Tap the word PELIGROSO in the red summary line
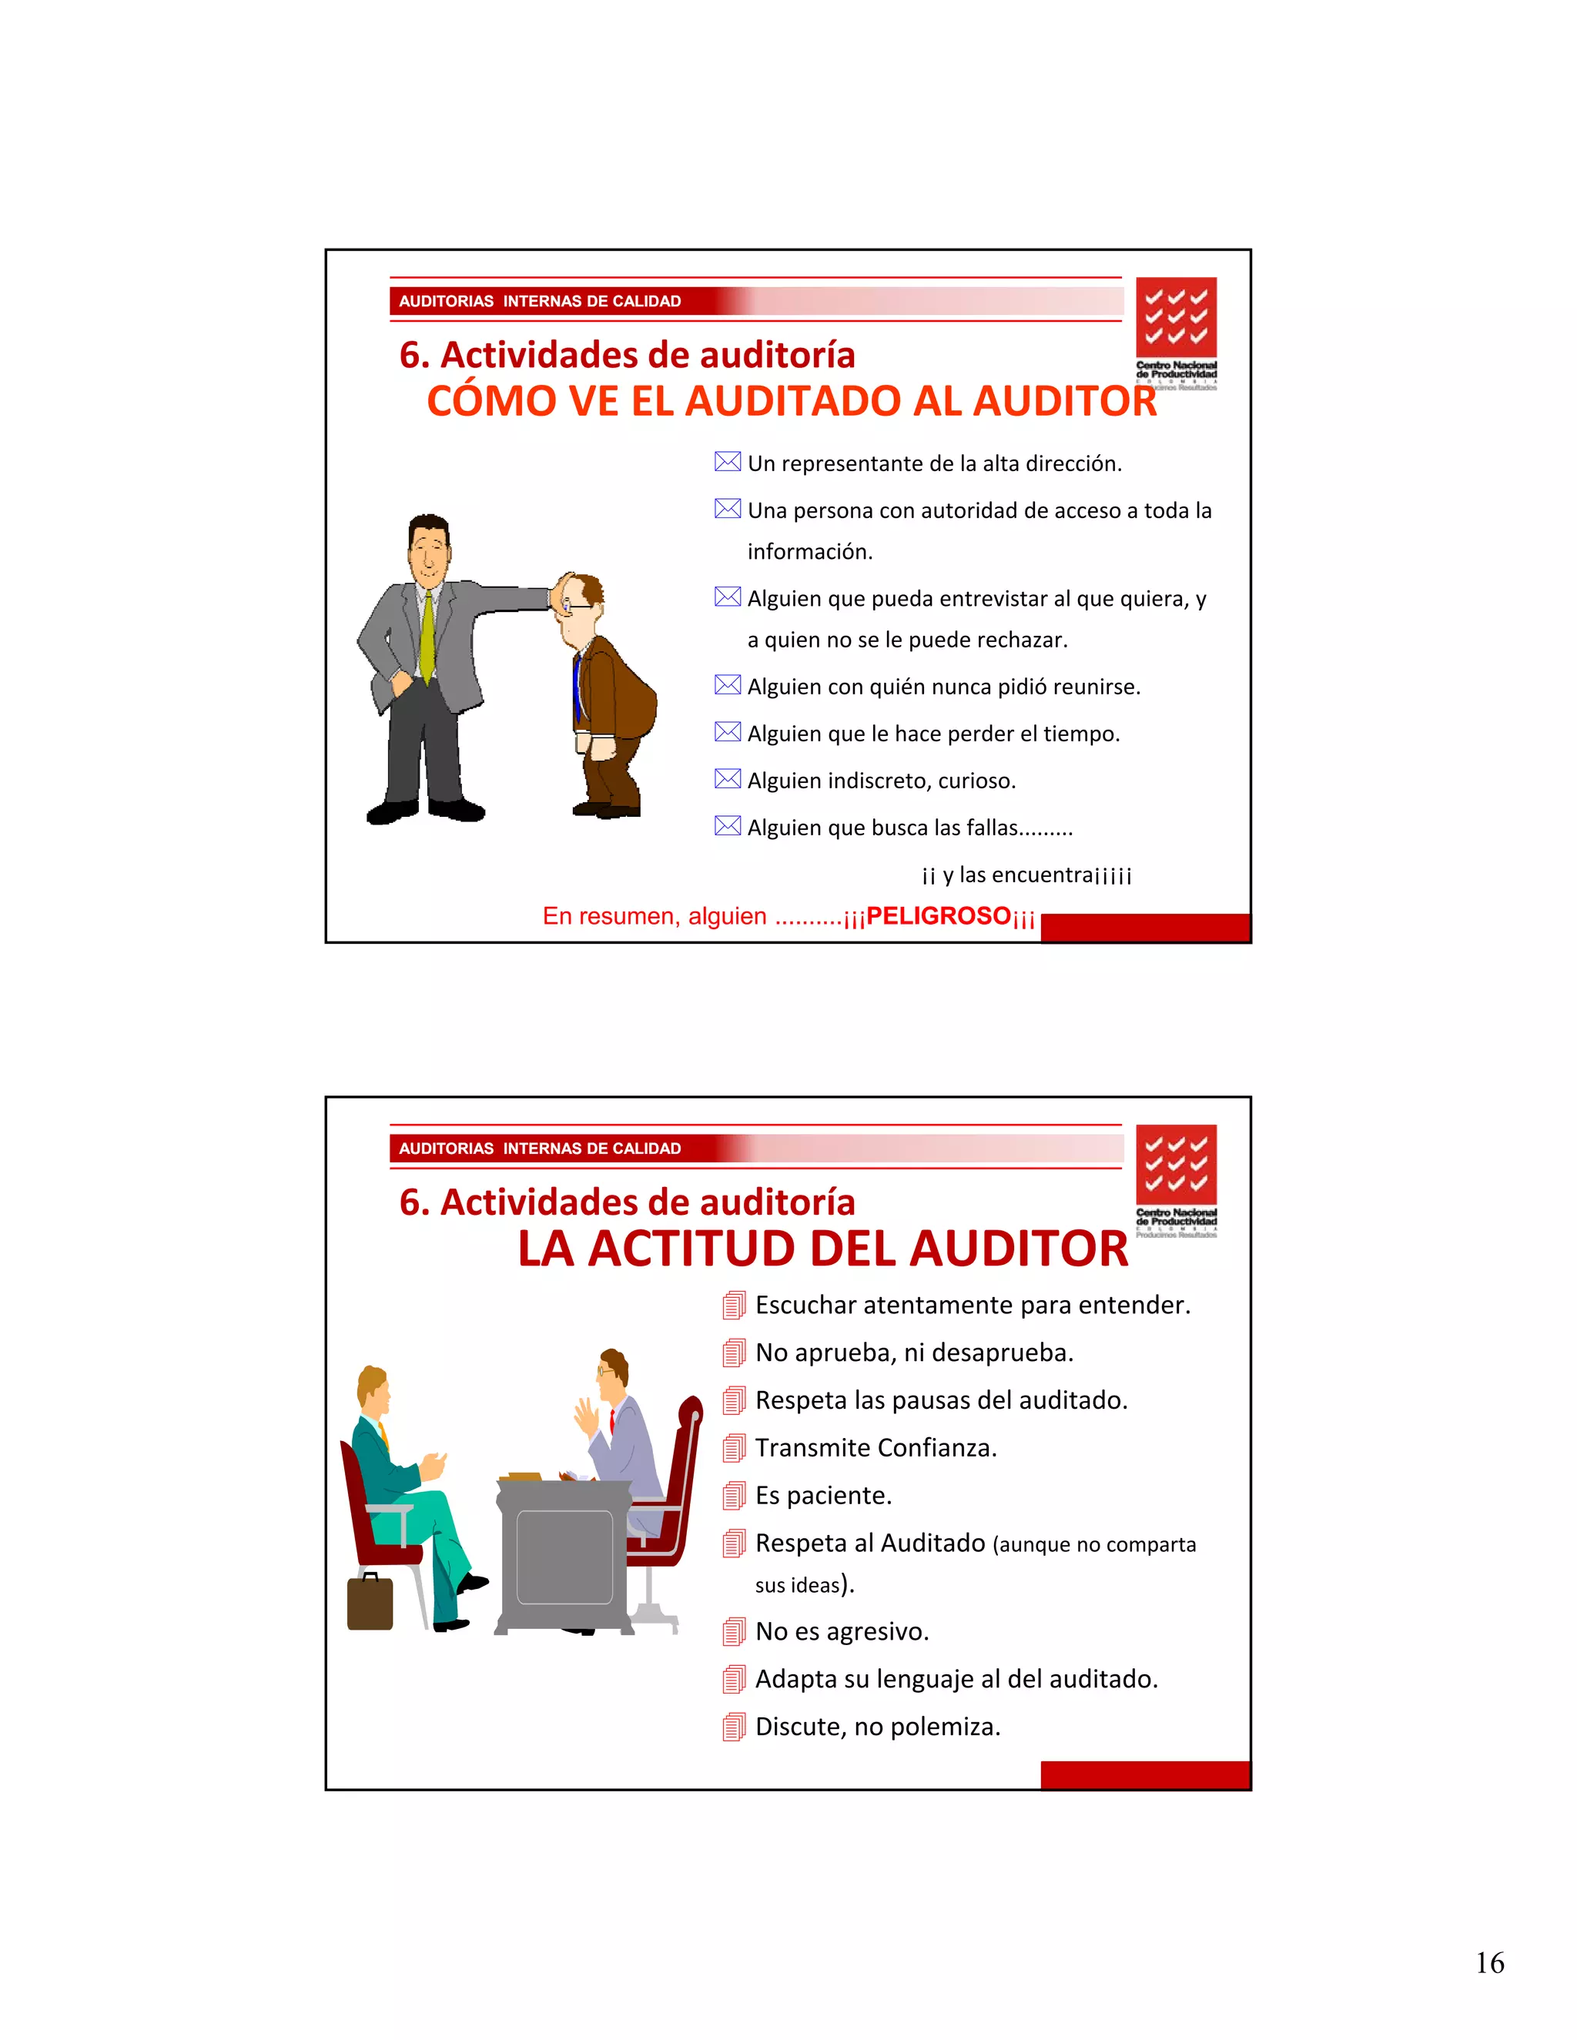(x=938, y=916)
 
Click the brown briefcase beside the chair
(x=370, y=1602)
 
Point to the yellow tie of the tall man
(x=427, y=634)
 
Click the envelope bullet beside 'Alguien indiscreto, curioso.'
(x=727, y=779)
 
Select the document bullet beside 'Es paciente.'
(x=735, y=1496)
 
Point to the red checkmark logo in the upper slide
(x=1177, y=318)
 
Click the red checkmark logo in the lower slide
(x=1177, y=1165)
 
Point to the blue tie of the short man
(x=578, y=687)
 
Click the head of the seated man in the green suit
(x=373, y=1389)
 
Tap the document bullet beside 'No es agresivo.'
(x=735, y=1632)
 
